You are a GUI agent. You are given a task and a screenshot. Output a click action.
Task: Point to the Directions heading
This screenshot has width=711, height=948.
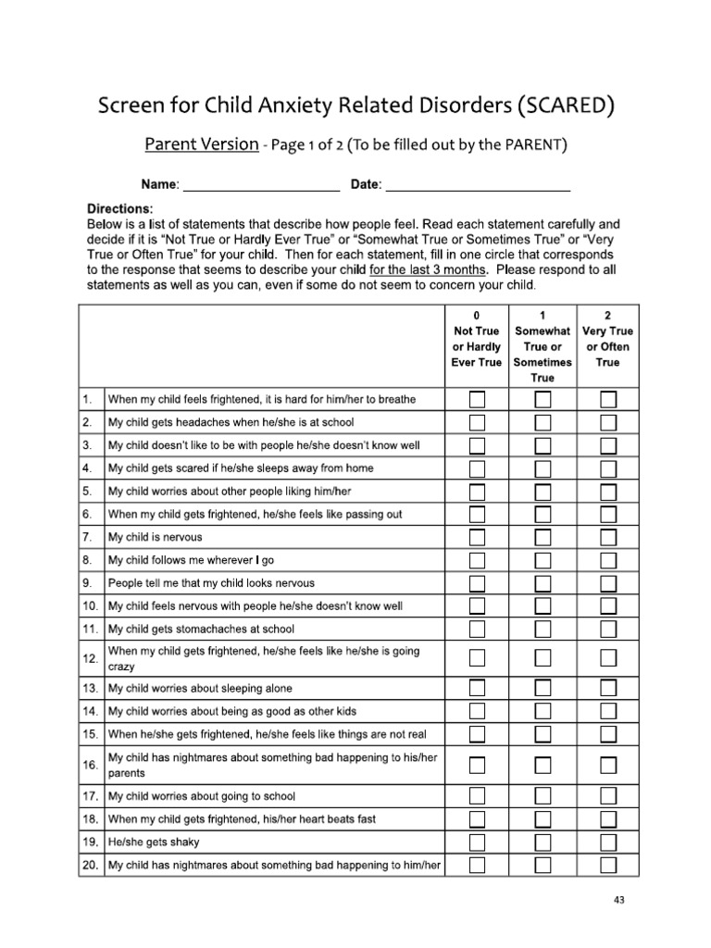click(x=120, y=209)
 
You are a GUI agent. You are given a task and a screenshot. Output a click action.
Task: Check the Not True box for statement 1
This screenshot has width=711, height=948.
click(x=477, y=400)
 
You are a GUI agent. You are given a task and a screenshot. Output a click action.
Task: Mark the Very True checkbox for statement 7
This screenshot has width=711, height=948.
click(x=608, y=537)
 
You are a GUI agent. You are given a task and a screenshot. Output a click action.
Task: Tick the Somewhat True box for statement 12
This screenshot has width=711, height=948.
click(x=543, y=658)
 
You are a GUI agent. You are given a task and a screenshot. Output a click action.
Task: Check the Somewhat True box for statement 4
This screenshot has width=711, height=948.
click(x=543, y=468)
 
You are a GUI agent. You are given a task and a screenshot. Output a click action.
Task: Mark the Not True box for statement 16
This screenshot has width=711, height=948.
click(x=477, y=765)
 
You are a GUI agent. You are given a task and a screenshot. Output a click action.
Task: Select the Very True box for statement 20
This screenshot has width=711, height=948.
click(x=608, y=866)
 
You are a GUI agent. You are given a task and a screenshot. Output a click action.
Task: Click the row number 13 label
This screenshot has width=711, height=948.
click(x=91, y=689)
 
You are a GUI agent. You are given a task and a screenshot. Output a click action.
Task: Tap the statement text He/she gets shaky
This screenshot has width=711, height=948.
click(x=154, y=842)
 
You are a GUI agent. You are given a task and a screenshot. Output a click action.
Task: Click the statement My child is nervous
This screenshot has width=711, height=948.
click(x=155, y=537)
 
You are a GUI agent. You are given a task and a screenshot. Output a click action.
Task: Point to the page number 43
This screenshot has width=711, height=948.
click(x=619, y=899)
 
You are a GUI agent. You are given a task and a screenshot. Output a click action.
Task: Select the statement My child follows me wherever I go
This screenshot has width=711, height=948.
click(x=191, y=560)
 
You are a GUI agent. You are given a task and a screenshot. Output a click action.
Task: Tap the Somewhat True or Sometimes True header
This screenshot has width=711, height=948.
click(x=543, y=346)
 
